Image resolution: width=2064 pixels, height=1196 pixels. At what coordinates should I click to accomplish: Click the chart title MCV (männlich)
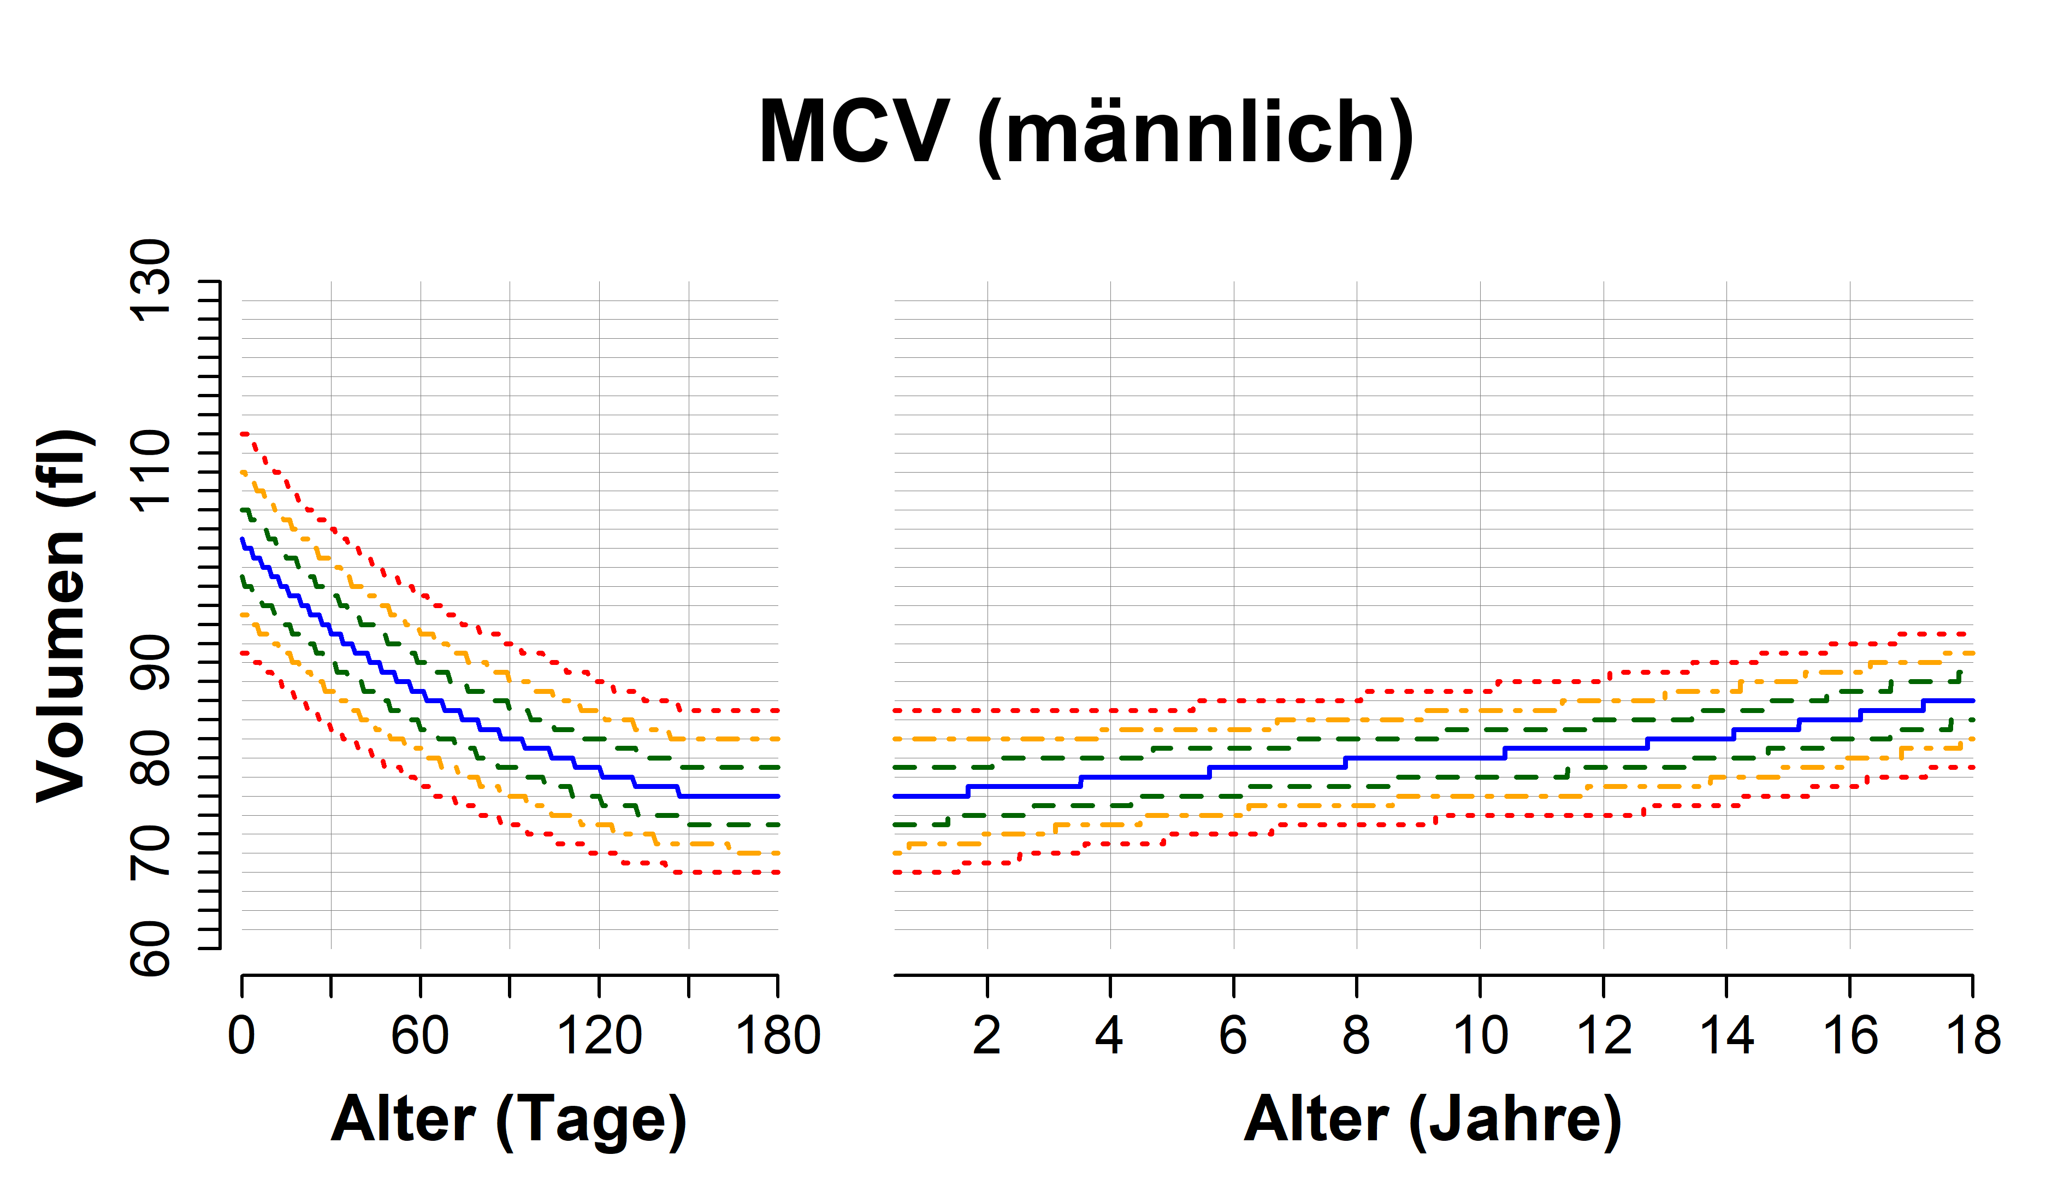1086,133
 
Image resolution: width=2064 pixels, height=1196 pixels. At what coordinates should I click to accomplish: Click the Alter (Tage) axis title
508,1120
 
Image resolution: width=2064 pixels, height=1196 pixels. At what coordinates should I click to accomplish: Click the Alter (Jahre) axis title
1433,1120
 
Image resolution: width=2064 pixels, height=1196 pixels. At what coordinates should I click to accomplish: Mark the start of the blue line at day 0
243,539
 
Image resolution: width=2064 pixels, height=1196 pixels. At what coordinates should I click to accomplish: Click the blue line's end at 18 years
1972,700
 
